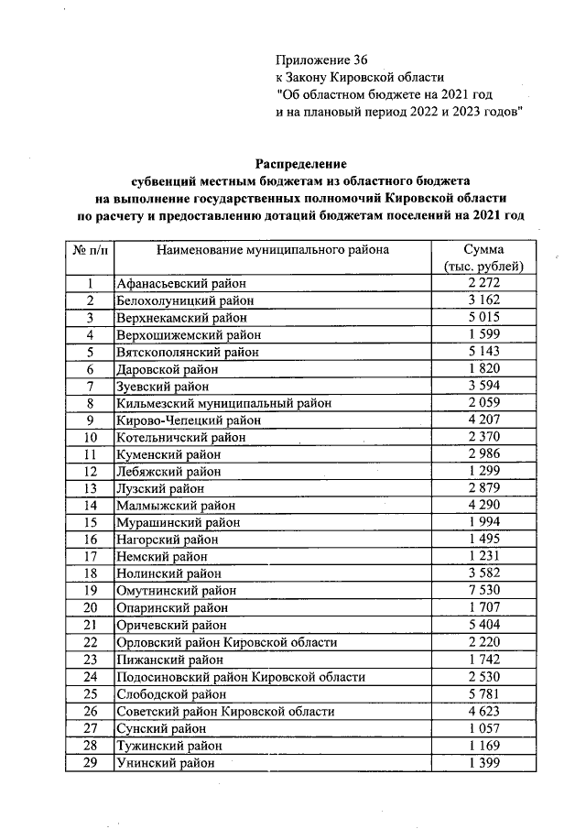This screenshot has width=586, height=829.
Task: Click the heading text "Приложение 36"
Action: coord(321,60)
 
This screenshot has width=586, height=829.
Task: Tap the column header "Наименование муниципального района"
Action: coord(272,249)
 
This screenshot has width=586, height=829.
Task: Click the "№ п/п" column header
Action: coord(90,249)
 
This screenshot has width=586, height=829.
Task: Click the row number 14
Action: coord(90,505)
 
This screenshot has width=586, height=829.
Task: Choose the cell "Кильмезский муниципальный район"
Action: coord(222,403)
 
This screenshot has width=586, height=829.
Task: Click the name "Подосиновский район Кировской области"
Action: coord(241,677)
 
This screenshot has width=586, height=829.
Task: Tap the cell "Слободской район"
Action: coord(170,694)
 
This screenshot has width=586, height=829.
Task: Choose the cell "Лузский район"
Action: coord(158,488)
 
